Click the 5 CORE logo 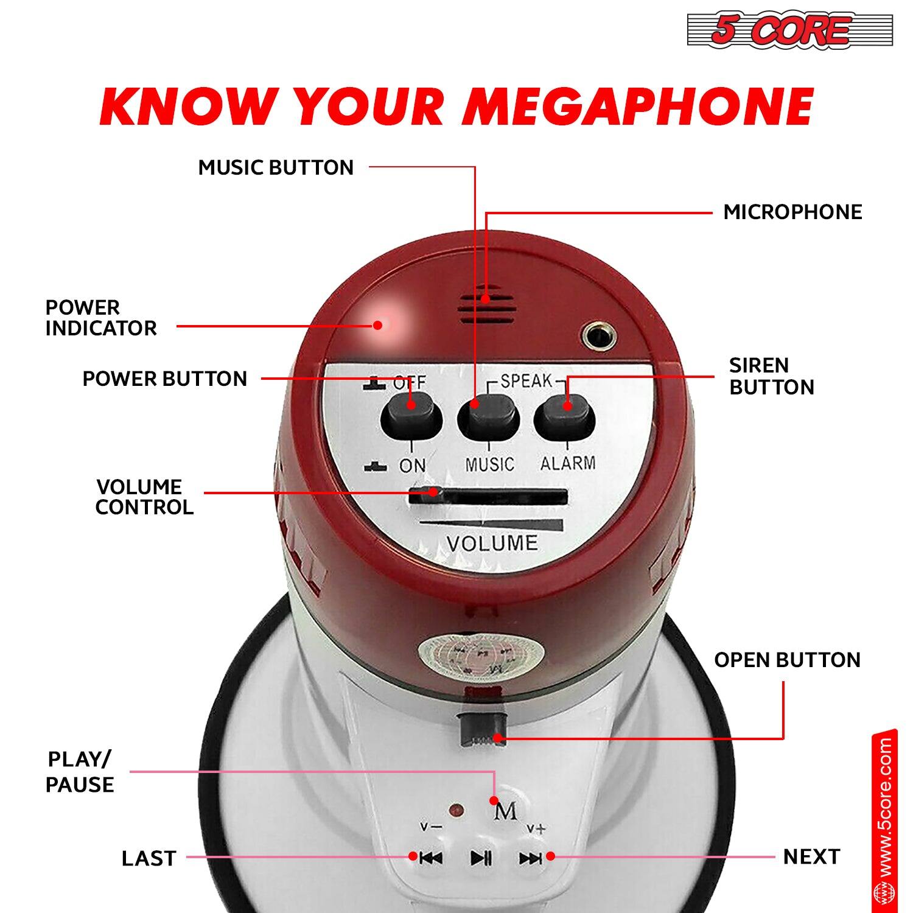click(x=789, y=30)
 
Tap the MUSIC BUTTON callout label click(x=276, y=167)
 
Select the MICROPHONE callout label click(x=792, y=212)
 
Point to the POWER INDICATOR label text click(x=101, y=318)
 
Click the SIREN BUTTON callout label click(x=771, y=376)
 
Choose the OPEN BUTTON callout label click(x=787, y=660)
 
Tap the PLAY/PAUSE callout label click(x=80, y=772)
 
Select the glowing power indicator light click(x=382, y=323)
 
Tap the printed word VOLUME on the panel click(x=492, y=543)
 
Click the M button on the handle click(x=506, y=811)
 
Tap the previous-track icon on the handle click(x=431, y=858)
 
